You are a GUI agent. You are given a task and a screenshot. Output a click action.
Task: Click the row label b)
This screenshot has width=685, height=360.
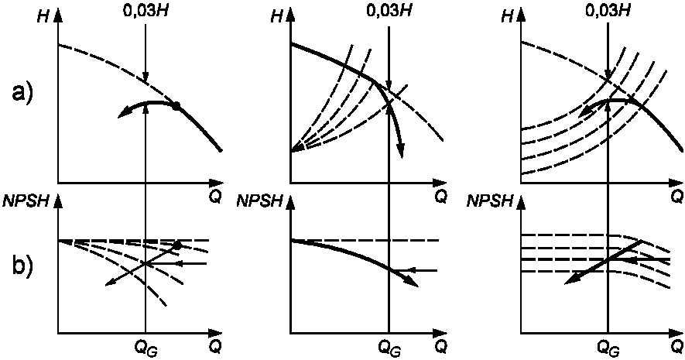pos(22,264)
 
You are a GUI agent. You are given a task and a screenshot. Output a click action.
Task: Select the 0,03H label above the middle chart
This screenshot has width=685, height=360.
pos(389,9)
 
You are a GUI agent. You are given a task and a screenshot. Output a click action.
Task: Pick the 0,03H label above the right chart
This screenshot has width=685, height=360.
pos(608,9)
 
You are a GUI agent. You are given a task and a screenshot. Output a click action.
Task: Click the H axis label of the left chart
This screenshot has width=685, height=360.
pos(44,17)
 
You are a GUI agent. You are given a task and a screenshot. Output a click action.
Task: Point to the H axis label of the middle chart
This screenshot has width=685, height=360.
pos(276,17)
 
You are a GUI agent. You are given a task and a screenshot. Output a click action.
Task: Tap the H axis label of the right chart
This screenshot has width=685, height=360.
pos(507,17)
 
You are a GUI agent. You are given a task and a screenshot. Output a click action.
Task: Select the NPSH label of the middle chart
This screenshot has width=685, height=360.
pos(259,202)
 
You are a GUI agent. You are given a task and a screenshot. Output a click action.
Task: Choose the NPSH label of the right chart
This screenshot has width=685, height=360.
pos(490,202)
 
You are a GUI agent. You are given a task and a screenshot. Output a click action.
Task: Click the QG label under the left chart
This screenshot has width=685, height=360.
pos(146,348)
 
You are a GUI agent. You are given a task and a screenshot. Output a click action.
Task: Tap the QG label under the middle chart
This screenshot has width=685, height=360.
pos(389,348)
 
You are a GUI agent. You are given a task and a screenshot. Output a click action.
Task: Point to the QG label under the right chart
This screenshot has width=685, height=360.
pos(608,348)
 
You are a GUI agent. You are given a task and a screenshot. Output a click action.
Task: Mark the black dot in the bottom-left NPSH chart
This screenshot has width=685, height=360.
pos(177,245)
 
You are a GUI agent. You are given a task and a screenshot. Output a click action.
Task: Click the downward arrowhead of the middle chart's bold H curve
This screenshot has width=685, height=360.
pos(401,153)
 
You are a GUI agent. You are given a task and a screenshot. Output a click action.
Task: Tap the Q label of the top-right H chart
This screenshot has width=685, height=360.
pos(676,197)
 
